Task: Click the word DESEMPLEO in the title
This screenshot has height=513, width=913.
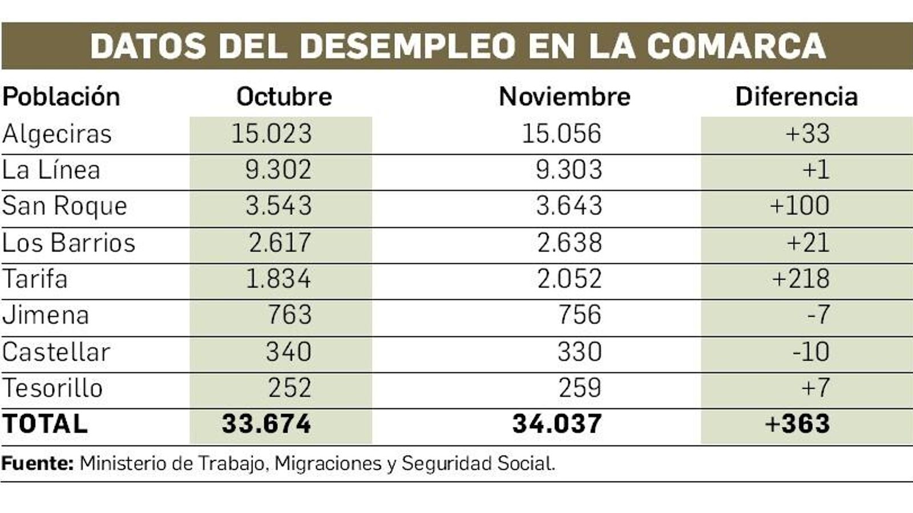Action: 407,46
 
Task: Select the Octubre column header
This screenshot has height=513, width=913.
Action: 284,96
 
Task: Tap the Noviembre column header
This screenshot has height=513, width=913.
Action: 564,96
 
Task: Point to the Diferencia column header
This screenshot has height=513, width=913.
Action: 796,96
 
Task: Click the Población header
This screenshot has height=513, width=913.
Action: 61,96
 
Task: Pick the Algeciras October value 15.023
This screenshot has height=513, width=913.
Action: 272,133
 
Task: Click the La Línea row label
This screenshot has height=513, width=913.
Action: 51,170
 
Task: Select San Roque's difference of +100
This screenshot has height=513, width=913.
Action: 799,206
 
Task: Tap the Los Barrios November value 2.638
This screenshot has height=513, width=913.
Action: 569,242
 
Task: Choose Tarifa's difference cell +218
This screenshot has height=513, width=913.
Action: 801,279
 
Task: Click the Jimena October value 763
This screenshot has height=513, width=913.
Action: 289,315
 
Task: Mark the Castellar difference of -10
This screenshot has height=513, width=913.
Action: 810,352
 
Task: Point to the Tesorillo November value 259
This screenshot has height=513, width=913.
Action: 579,388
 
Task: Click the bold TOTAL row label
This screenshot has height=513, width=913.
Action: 45,424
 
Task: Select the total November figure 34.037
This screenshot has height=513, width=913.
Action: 557,424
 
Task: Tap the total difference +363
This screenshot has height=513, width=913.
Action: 797,424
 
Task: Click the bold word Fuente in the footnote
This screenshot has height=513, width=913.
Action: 37,463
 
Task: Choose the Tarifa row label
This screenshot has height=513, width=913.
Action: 35,279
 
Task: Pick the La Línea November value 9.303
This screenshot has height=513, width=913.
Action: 569,170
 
